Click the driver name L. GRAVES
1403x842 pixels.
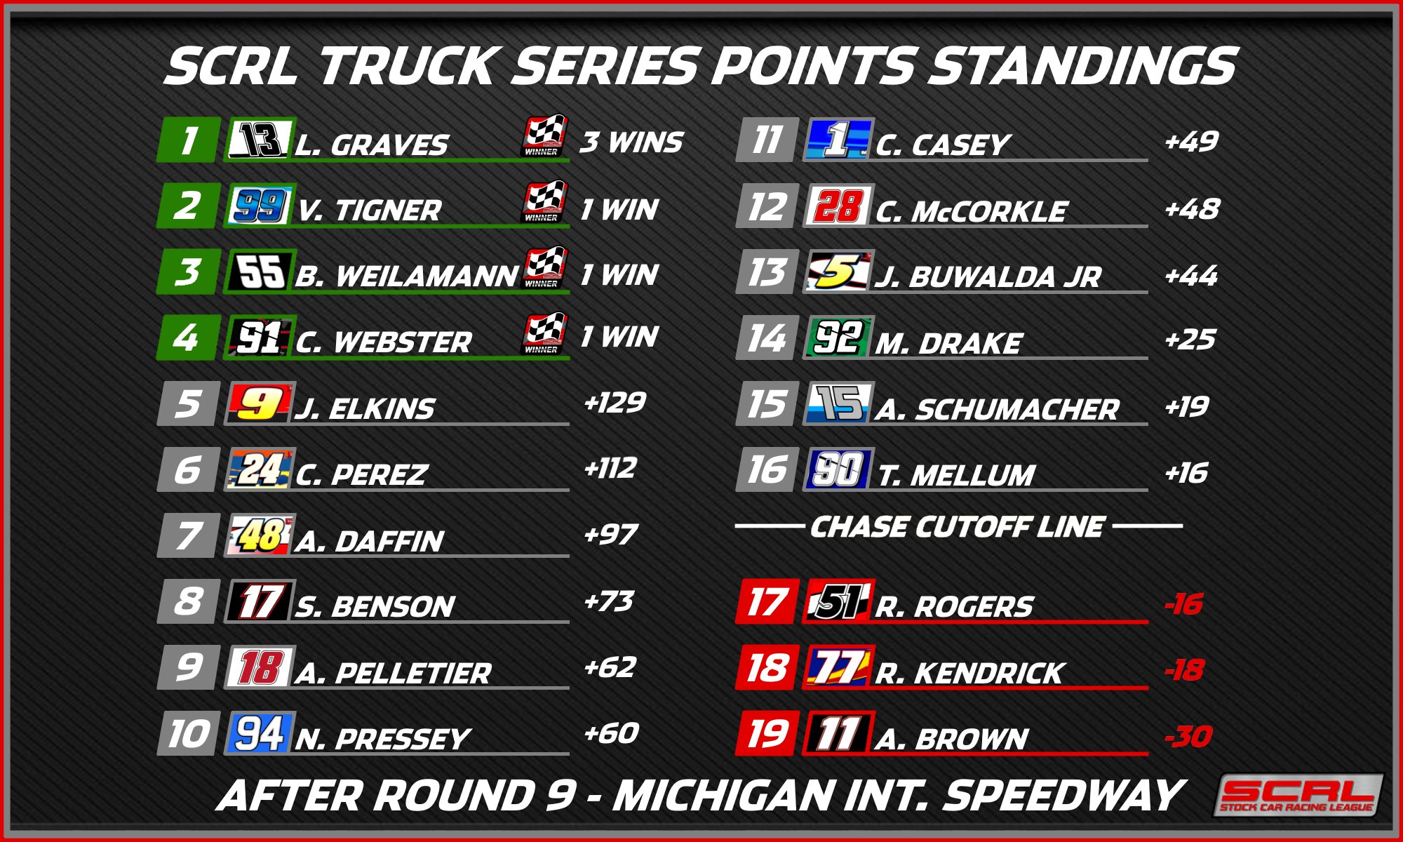coord(371,145)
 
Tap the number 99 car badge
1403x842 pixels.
coord(259,206)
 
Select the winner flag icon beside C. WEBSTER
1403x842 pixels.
coord(545,333)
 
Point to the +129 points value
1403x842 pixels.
coord(615,403)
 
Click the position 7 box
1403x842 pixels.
coord(188,535)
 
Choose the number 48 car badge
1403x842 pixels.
coord(260,535)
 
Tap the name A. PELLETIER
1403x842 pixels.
coord(393,674)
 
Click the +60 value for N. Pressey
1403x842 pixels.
coord(611,733)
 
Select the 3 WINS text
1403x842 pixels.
coord(631,142)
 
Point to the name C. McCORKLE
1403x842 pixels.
coord(972,211)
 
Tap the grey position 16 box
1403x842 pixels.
coord(767,469)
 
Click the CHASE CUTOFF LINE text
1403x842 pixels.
coord(958,527)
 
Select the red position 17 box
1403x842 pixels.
coord(767,602)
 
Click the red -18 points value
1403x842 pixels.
coord(1184,670)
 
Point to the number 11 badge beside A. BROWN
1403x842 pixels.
coord(838,734)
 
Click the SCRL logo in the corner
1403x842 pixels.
coord(1298,795)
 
